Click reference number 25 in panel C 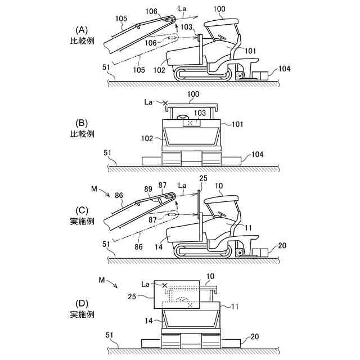(x=203, y=178)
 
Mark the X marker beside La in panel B (x=165, y=103)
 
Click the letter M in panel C (x=93, y=186)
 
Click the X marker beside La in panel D (x=165, y=286)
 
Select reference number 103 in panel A (x=187, y=27)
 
